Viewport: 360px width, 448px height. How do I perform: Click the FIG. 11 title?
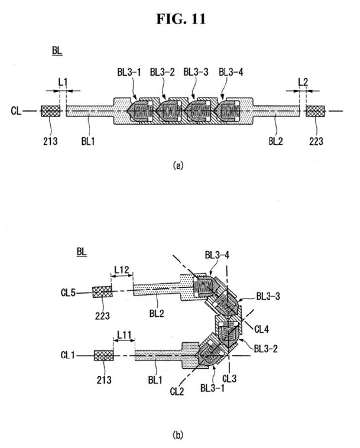tap(181, 19)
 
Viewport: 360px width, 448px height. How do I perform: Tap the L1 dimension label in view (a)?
tap(63, 82)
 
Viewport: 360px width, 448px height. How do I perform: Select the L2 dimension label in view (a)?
tap(303, 82)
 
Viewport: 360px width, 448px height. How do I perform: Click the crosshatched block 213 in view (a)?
tap(50, 111)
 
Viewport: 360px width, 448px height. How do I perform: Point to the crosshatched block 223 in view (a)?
tap(315, 111)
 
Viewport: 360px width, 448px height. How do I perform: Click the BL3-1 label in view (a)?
tap(129, 72)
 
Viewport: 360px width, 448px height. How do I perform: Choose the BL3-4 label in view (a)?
tap(231, 72)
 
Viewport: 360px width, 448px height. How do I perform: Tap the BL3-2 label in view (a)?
tap(162, 72)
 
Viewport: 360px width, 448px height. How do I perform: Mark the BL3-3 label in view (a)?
tap(196, 72)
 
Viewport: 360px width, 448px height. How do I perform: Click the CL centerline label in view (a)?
tap(16, 111)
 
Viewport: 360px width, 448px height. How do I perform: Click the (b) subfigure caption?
tap(178, 435)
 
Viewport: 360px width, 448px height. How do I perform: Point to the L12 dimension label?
tap(122, 269)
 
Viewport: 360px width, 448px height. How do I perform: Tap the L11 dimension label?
tap(124, 335)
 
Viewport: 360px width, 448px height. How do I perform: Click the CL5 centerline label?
tap(68, 293)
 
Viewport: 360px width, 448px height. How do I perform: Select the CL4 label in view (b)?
tap(262, 329)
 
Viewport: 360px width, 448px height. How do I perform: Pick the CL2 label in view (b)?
tap(177, 391)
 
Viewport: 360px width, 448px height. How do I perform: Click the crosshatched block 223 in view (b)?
tap(102, 292)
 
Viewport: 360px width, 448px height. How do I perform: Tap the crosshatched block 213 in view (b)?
tap(104, 355)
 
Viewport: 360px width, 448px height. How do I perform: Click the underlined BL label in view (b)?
tap(82, 252)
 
